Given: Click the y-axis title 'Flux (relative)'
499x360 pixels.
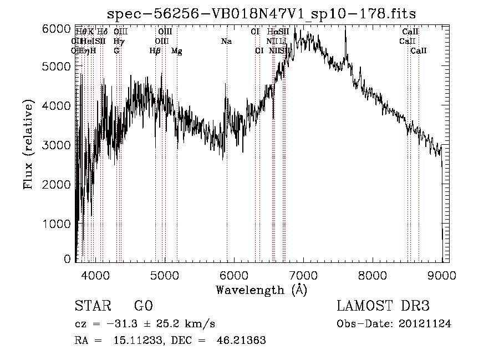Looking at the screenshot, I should [x=28, y=144].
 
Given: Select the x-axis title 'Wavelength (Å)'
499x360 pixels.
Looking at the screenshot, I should [x=261, y=290].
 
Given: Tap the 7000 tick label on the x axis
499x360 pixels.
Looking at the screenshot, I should [x=303, y=275].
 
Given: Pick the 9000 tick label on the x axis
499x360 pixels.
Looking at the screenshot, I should [x=442, y=275].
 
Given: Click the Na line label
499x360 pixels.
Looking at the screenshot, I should [x=226, y=42].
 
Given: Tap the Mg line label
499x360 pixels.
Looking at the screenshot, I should [x=176, y=51].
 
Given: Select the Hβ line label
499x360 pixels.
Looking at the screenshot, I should [x=155, y=51].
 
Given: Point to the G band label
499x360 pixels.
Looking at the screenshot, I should [x=116, y=51].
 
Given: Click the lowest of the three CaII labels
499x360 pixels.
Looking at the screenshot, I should [x=418, y=51].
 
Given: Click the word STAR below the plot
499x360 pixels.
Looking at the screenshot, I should [x=91, y=306].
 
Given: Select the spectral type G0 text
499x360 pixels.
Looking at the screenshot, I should [x=143, y=306].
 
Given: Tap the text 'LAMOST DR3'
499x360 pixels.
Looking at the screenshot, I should [x=383, y=306].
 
